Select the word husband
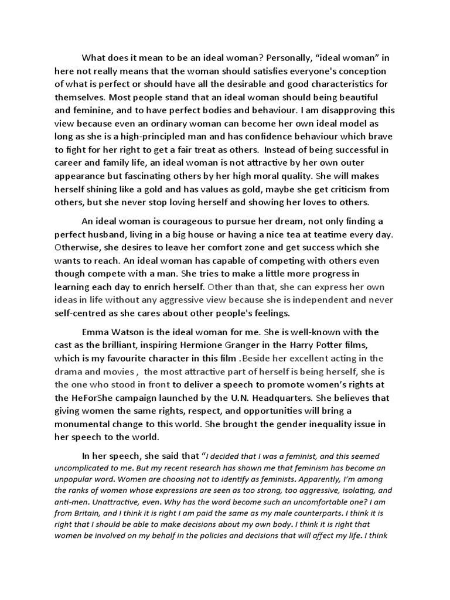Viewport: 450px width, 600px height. pyautogui.click(x=110, y=234)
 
